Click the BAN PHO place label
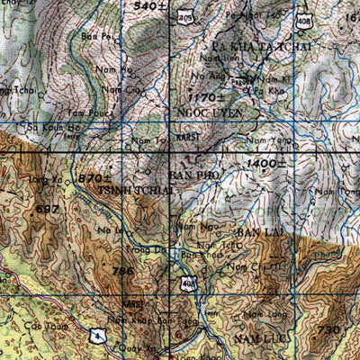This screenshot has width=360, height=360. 192,175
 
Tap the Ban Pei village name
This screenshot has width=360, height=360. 88,36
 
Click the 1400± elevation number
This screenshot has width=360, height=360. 266,162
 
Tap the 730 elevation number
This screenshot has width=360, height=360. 328,330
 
